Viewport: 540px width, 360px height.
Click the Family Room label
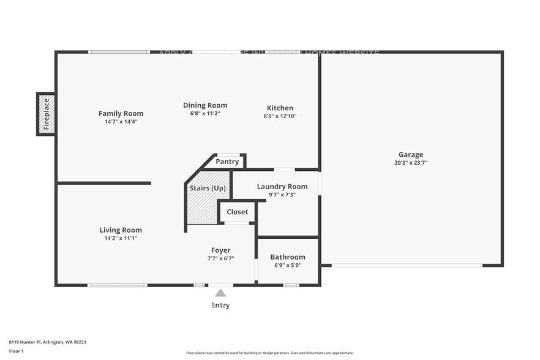pos(121,113)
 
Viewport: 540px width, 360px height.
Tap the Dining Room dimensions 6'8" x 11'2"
pos(205,114)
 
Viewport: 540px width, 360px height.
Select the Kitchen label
pos(279,108)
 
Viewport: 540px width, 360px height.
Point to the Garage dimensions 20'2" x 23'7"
pos(410,163)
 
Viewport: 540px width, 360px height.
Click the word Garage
pos(410,155)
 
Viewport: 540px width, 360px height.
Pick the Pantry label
pos(227,162)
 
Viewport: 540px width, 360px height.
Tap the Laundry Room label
pos(282,187)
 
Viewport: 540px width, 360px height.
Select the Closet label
pos(237,212)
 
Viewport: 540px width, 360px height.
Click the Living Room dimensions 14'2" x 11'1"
pos(121,238)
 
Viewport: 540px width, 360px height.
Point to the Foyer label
pos(220,250)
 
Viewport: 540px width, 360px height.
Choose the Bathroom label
pos(287,257)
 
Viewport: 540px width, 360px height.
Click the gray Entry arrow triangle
pos(220,293)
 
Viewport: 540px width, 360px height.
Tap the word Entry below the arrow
pos(220,305)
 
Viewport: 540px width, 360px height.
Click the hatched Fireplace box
pos(46,114)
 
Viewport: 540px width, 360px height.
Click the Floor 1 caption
pos(16,351)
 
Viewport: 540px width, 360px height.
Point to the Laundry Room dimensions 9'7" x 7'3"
pos(282,195)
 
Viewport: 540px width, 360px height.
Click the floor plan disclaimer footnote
pos(269,353)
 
